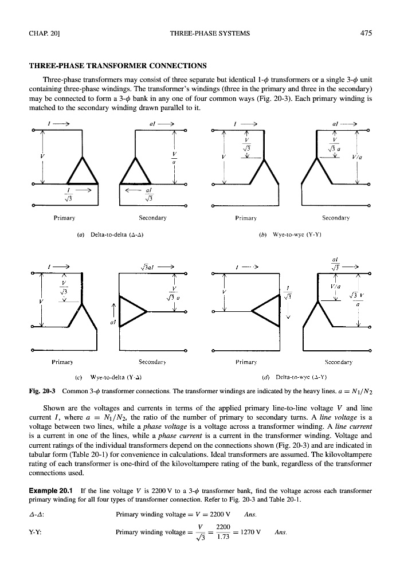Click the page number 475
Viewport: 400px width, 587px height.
click(x=367, y=33)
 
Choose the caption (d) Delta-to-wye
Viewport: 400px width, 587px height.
click(x=300, y=378)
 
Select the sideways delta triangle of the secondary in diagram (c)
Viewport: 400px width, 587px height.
click(x=134, y=313)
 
